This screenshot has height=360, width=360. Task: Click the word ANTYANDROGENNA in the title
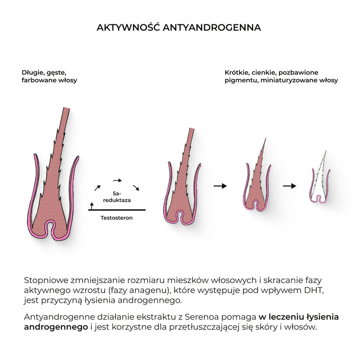211,27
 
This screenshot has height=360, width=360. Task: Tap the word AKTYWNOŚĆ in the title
128,27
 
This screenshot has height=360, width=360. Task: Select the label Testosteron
117,218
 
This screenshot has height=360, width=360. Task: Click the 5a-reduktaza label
117,197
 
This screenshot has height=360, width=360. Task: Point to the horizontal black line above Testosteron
117,210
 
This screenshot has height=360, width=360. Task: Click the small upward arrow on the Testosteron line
92,206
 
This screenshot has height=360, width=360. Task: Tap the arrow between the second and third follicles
220,186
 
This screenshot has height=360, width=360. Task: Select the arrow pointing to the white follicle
289,186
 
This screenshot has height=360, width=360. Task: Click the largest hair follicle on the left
53,175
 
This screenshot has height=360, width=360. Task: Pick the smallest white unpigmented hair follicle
320,177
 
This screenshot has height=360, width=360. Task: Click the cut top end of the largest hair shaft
66,108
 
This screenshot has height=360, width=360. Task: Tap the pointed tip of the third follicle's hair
265,139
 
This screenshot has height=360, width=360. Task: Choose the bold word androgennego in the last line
56,327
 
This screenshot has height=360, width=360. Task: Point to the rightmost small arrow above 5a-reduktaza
136,188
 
